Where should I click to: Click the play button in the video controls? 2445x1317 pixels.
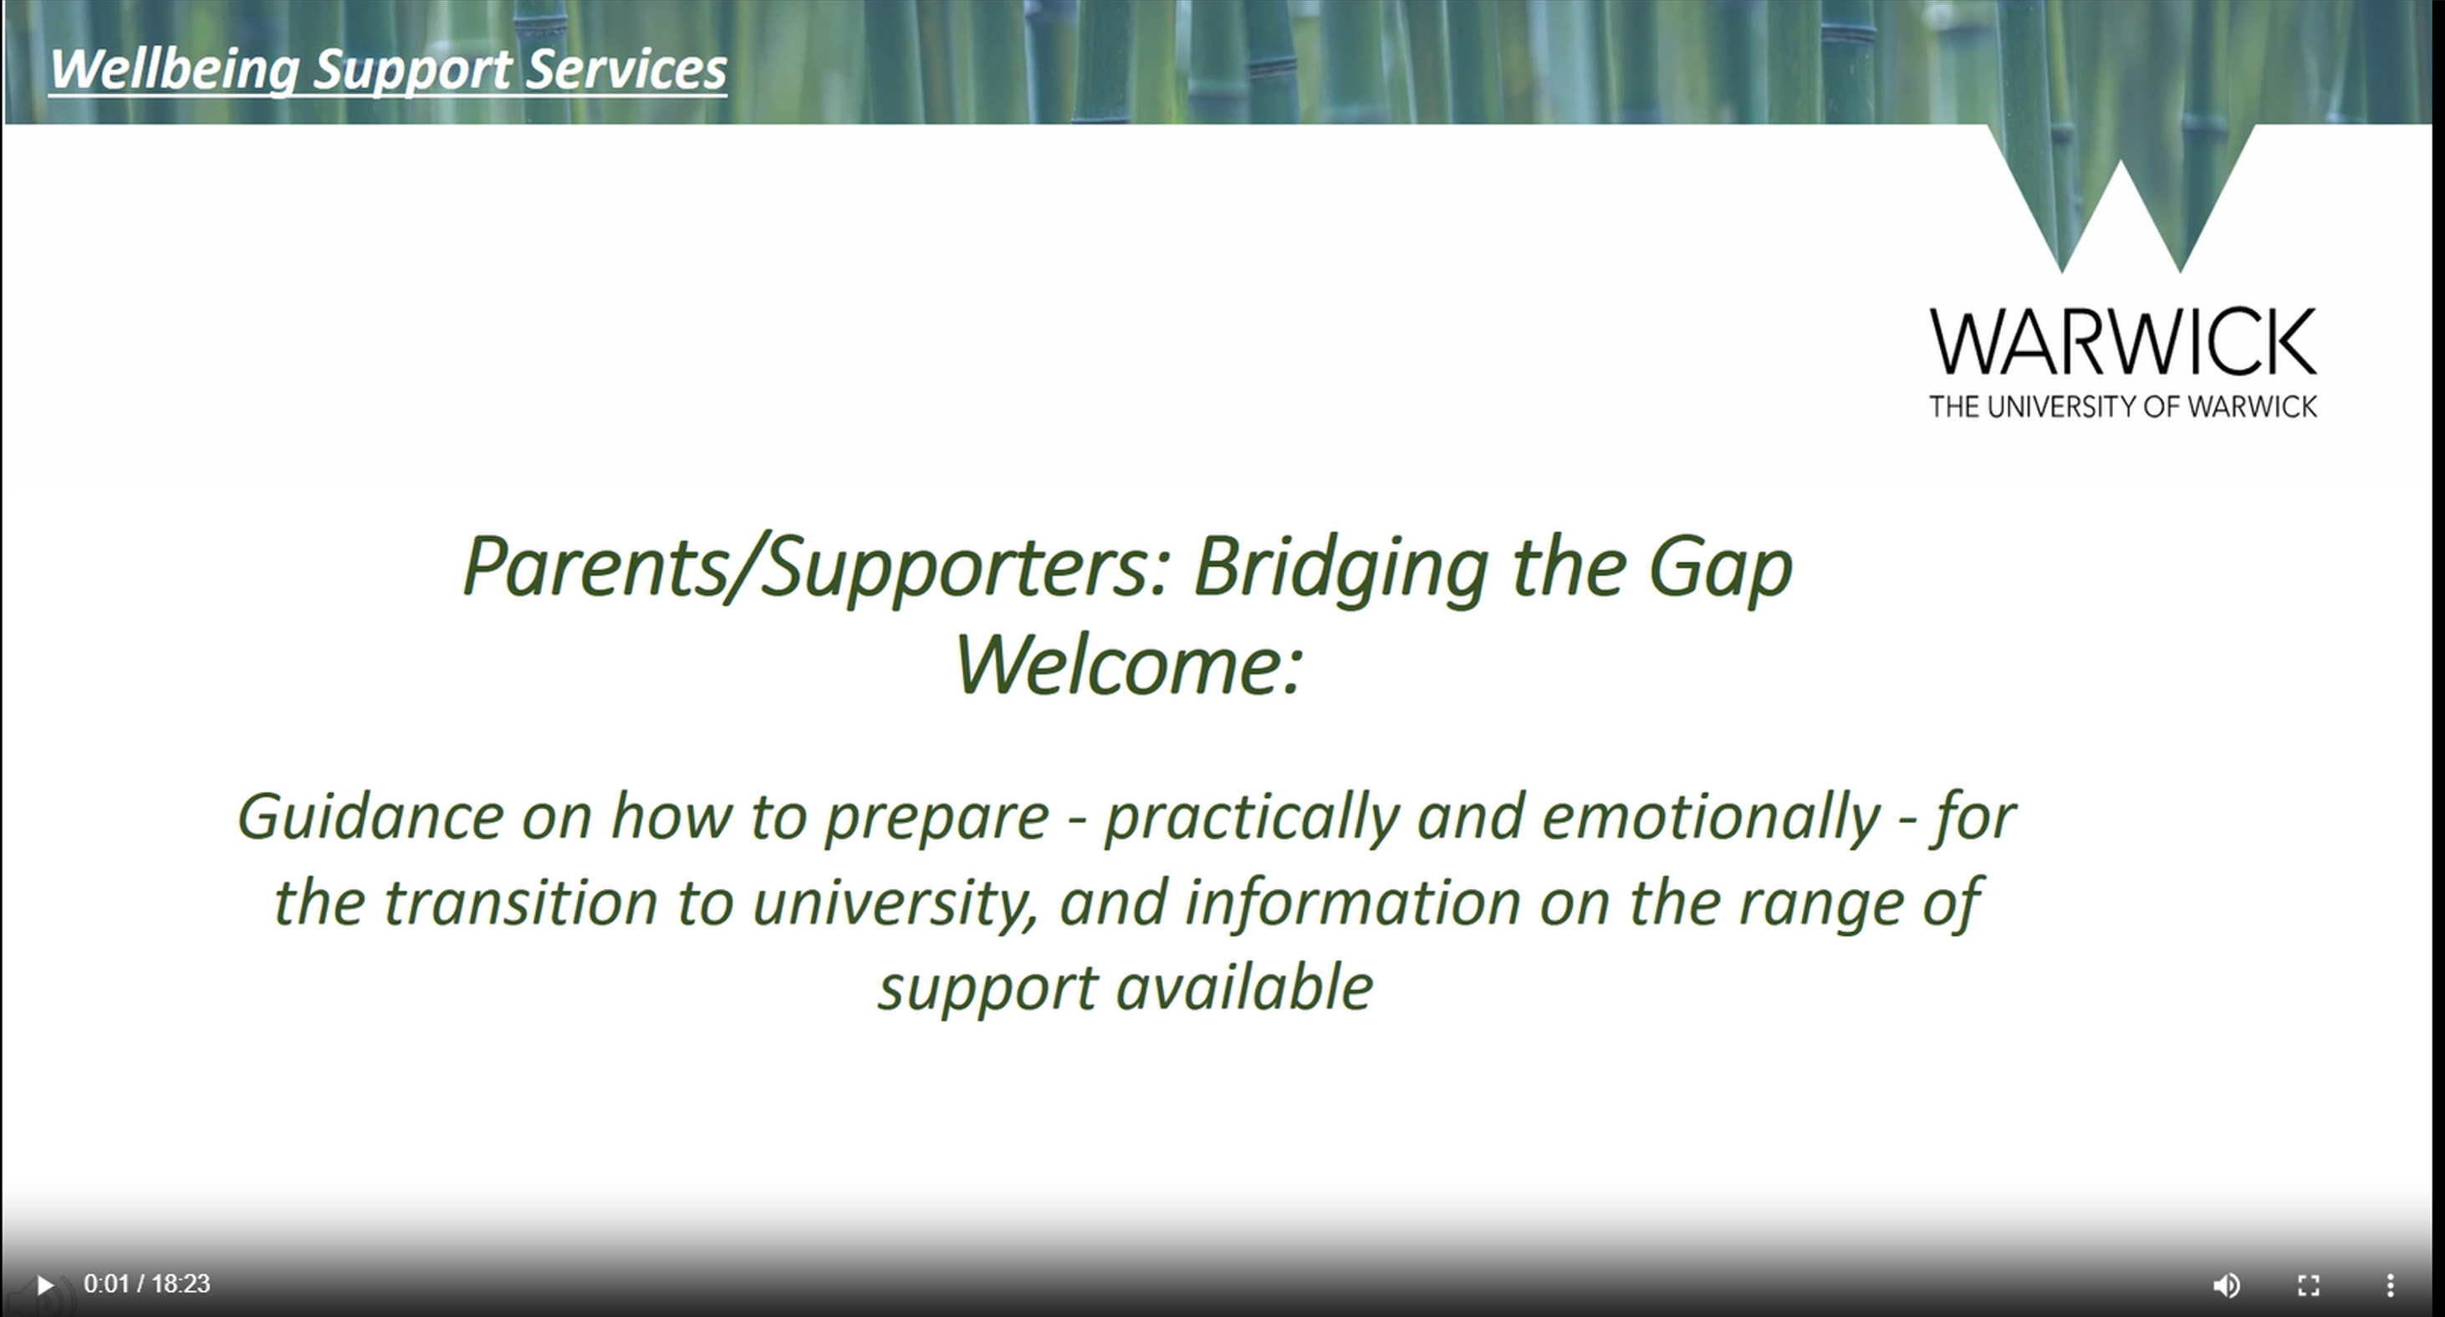44,1284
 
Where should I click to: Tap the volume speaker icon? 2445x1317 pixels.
2226,1284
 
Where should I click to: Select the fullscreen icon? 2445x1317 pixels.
2309,1284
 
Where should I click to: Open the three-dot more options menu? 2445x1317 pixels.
2390,1284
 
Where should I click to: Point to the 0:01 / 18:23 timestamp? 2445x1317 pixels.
147,1284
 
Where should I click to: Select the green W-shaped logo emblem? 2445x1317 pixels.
2121,198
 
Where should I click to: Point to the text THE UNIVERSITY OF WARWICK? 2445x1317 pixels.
2123,406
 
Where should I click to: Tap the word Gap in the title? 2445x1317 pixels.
1720,568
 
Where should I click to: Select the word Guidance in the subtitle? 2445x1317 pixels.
370,816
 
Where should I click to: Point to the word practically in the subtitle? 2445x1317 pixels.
1252,817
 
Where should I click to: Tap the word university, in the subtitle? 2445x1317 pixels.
895,902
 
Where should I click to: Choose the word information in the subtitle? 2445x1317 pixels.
1353,901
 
